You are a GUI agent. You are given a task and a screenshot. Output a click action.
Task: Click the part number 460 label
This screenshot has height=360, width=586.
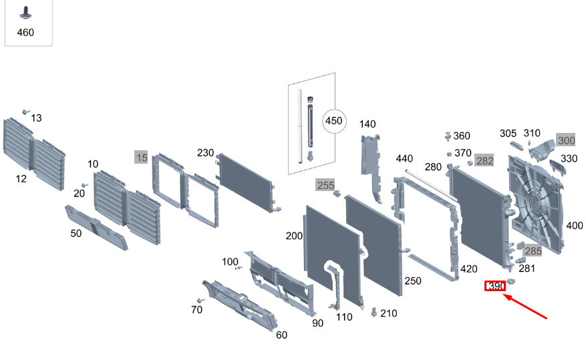point(25,33)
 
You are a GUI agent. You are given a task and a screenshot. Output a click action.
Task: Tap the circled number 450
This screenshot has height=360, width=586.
point(333,121)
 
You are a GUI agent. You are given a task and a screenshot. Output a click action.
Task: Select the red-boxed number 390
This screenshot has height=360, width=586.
point(495,286)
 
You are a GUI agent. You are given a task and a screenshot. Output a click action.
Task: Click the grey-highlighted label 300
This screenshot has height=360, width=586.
point(566,140)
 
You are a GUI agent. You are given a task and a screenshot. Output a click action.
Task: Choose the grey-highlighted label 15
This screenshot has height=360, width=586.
point(142,157)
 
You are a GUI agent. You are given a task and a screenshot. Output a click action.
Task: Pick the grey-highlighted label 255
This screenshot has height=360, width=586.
point(325,185)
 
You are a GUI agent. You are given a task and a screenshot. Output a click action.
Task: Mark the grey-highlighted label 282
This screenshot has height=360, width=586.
point(484,160)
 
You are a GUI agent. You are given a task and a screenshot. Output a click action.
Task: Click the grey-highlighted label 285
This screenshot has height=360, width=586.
point(533,251)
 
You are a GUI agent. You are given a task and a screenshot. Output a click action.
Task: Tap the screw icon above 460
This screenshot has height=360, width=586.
point(25,13)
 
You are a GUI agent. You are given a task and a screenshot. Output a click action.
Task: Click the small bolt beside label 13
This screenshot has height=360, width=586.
point(25,112)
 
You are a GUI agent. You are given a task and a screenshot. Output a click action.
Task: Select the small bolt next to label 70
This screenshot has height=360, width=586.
point(200,301)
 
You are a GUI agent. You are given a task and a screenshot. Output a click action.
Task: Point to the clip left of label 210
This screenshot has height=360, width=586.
point(374,312)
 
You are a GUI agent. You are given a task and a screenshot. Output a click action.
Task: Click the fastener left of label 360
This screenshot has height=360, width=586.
point(448,136)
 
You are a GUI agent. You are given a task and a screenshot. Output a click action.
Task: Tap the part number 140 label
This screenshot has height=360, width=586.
point(368,124)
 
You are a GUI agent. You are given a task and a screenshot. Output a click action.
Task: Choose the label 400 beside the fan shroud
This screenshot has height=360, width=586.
point(575,226)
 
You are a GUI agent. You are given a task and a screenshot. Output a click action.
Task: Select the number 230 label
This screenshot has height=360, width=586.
point(205,153)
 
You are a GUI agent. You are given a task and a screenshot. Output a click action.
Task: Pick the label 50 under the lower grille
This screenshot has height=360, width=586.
point(76,233)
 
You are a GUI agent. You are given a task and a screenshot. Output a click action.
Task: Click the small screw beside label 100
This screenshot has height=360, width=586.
point(239,268)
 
